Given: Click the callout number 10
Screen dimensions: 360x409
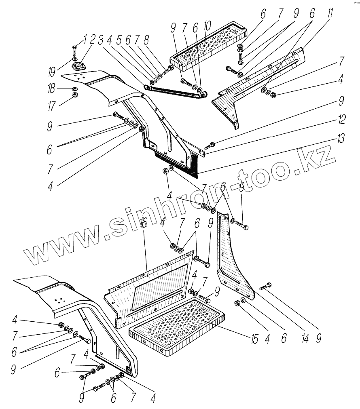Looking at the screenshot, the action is pos(207,27).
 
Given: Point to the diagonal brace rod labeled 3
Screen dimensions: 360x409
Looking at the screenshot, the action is pos(174,92).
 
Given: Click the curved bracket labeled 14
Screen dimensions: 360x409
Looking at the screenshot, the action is pos(233,259).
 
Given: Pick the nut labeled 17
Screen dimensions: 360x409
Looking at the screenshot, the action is pos(75,95).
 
